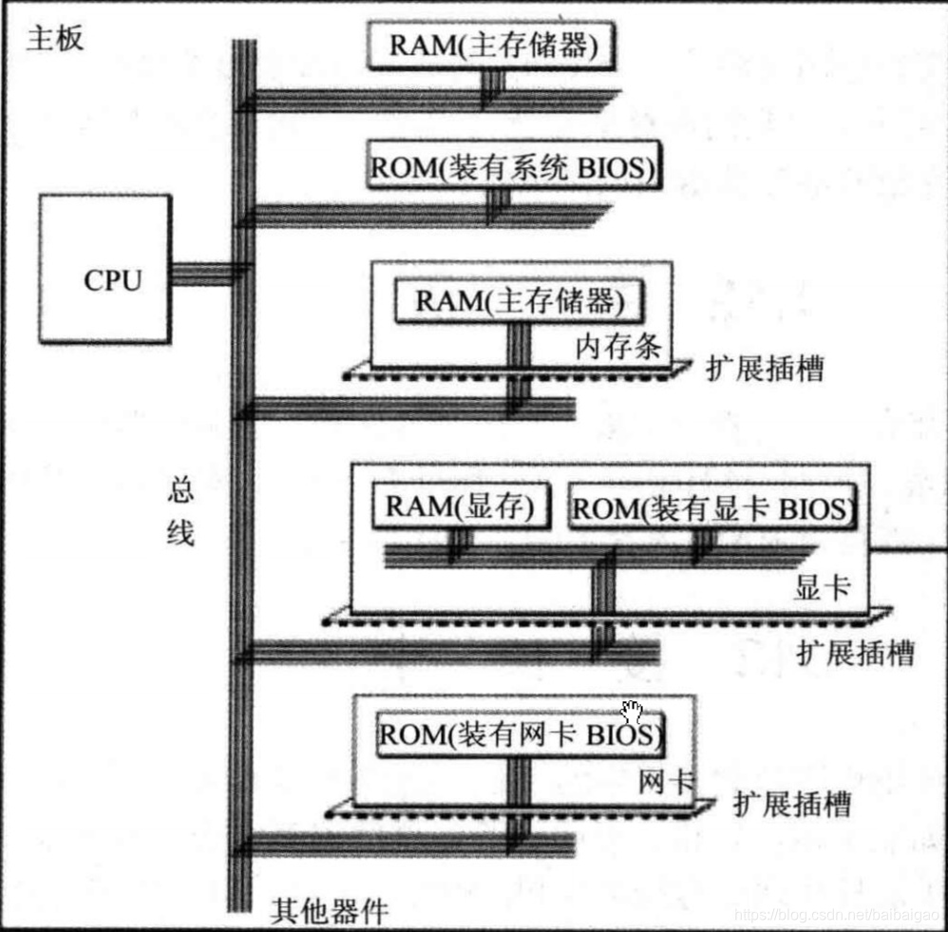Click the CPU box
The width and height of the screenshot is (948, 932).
click(x=104, y=269)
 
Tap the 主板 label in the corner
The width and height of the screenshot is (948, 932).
click(x=55, y=38)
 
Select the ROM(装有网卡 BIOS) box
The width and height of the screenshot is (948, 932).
click(x=519, y=734)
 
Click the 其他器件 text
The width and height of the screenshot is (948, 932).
click(x=329, y=912)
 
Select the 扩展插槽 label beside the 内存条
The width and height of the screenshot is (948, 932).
click(x=765, y=369)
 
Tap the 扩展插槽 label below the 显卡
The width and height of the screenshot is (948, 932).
click(x=855, y=653)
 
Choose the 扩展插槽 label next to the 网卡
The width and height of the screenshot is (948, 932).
click(x=791, y=805)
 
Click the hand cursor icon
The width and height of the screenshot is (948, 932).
click(x=632, y=712)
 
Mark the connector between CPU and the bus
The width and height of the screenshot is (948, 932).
click(x=201, y=274)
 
